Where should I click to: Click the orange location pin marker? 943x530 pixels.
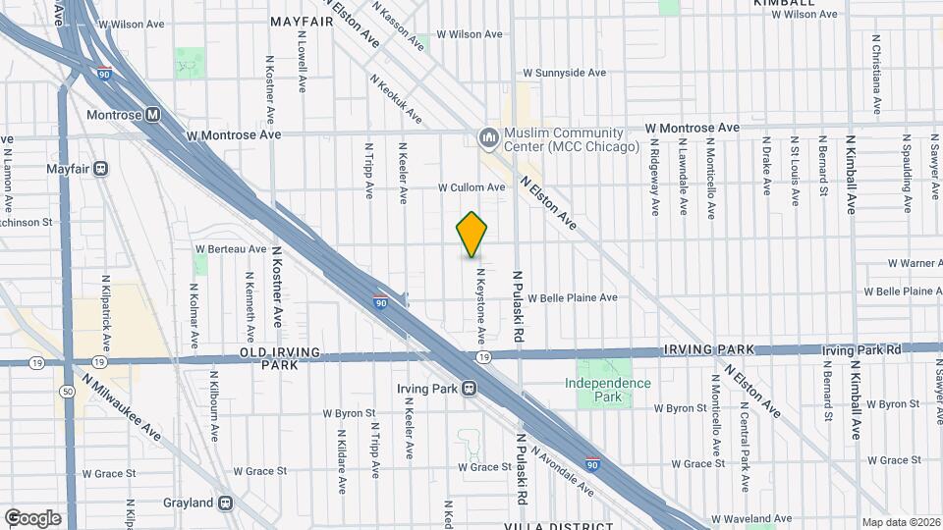click(472, 234)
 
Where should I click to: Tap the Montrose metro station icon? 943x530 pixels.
click(152, 114)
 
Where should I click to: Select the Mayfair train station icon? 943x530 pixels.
click(100, 168)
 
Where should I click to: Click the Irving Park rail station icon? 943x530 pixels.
click(471, 389)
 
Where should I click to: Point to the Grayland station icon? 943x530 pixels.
click(226, 503)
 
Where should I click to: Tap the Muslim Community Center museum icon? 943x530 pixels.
click(488, 139)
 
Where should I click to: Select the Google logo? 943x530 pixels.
click(32, 517)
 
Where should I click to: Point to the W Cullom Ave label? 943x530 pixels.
click(471, 186)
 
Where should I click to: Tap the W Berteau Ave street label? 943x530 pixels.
click(232, 249)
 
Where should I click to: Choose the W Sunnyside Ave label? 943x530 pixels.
click(565, 73)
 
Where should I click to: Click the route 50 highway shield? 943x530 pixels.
click(67, 391)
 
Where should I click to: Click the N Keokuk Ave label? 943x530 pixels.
click(396, 100)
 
